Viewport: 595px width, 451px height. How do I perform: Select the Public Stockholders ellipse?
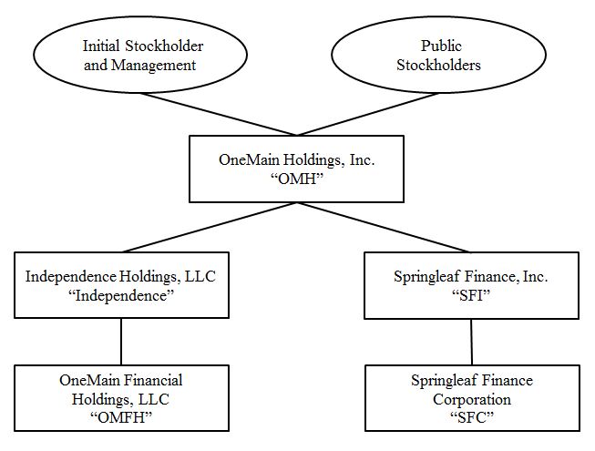tap(441, 56)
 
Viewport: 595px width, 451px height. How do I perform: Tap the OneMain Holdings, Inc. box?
tap(296, 169)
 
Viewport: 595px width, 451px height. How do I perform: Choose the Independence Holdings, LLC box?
tap(121, 285)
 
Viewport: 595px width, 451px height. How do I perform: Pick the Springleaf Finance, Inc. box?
tap(471, 285)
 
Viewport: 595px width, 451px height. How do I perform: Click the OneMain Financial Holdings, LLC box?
tap(121, 398)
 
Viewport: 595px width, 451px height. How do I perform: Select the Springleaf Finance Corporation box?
tap(471, 399)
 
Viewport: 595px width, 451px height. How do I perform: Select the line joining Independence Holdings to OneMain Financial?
tap(121, 340)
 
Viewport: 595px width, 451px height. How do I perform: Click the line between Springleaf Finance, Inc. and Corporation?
tap(471, 341)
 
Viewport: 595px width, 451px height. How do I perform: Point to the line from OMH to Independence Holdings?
tap(210, 227)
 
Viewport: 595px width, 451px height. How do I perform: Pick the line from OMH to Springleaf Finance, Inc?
tap(383, 227)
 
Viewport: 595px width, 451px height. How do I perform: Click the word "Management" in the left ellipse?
tap(156, 65)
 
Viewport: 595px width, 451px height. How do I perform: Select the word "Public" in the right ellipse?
tap(441, 46)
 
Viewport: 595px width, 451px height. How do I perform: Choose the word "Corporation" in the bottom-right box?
tap(471, 399)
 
